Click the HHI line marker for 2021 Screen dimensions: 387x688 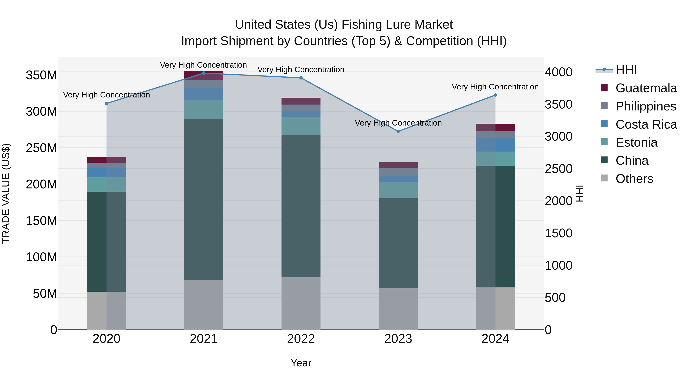204,73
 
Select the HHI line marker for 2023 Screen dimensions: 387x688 398,131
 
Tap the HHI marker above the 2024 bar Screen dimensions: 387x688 495,95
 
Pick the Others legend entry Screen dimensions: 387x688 634,179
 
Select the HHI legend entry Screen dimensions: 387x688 626,70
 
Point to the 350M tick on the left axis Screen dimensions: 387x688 41,75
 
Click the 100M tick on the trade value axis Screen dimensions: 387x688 41,257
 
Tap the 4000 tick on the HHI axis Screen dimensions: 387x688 558,72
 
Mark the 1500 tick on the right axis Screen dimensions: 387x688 558,233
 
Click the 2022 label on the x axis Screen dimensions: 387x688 301,339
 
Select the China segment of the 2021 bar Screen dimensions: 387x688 204,199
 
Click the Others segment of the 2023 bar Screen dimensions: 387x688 398,309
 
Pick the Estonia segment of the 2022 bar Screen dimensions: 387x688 301,126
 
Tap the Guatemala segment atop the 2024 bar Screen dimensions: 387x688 495,127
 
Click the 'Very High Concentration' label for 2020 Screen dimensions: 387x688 107,95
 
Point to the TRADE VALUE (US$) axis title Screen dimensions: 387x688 6,193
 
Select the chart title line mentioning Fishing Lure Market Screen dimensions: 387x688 344,25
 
